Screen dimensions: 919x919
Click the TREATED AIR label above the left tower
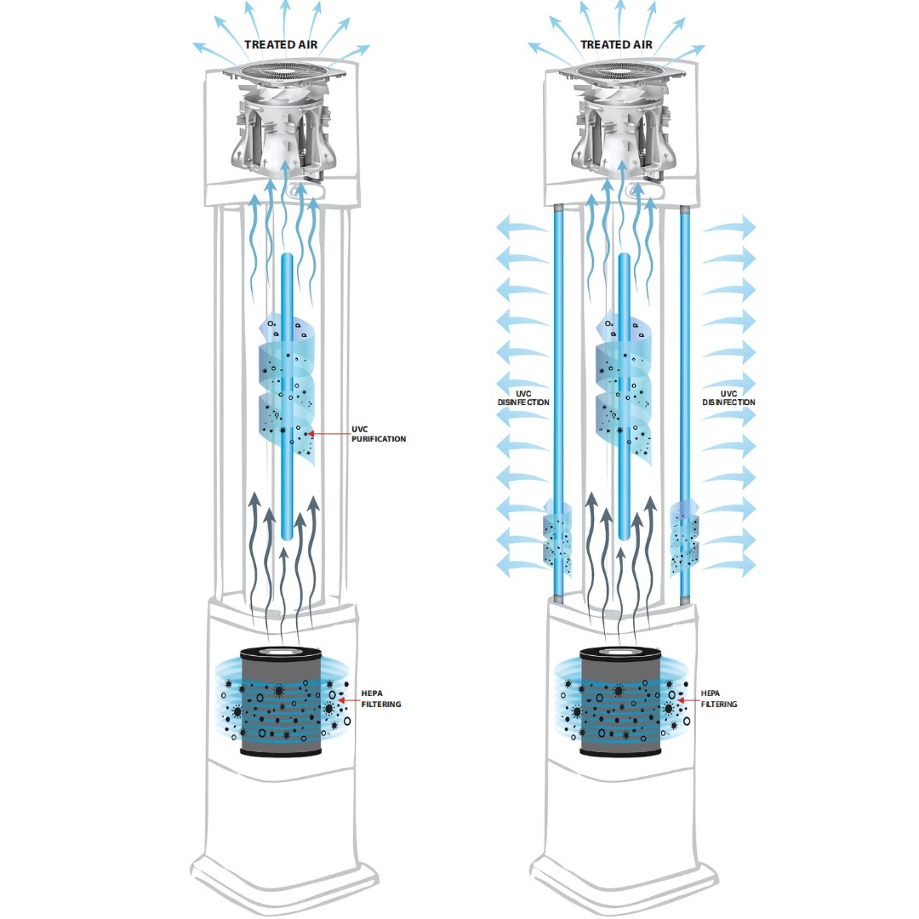click(x=281, y=44)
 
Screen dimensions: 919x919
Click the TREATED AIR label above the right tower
click(x=616, y=44)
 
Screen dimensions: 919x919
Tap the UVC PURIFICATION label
click(x=378, y=434)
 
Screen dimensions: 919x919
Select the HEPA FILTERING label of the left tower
click(x=381, y=699)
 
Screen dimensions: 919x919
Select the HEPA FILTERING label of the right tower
click(x=718, y=699)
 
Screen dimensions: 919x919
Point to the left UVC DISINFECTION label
click(x=523, y=398)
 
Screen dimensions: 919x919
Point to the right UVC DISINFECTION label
click(x=728, y=398)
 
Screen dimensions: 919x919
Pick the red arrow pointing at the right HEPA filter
click(x=688, y=700)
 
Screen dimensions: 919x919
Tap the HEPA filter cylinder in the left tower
click(x=282, y=701)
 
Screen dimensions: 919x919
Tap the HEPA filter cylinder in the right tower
click(x=620, y=701)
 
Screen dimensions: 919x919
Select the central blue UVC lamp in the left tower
click(x=286, y=397)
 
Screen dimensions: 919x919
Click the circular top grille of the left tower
click(x=284, y=71)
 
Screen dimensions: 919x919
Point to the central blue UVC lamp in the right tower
click(x=625, y=397)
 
